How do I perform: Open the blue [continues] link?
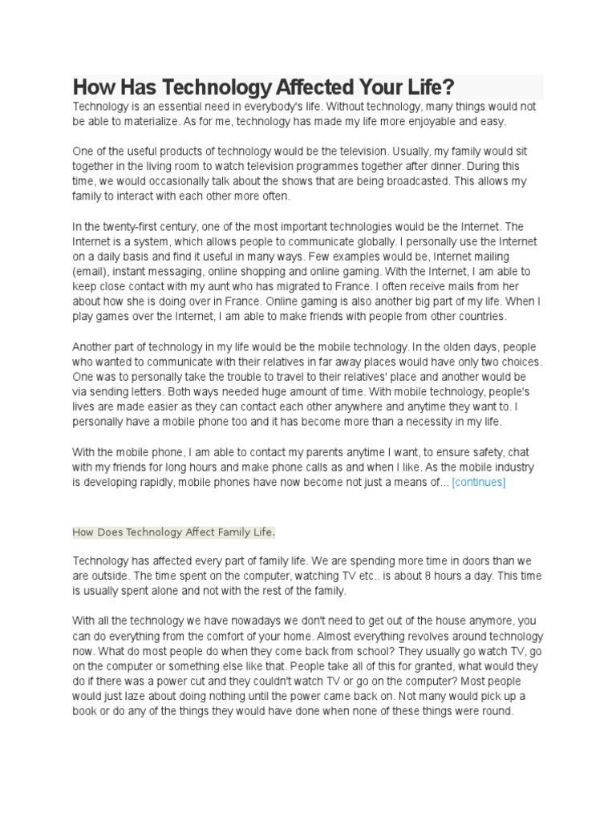pos(479,482)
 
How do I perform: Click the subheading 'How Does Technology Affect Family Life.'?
pos(174,532)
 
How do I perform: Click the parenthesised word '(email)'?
pos(90,272)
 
